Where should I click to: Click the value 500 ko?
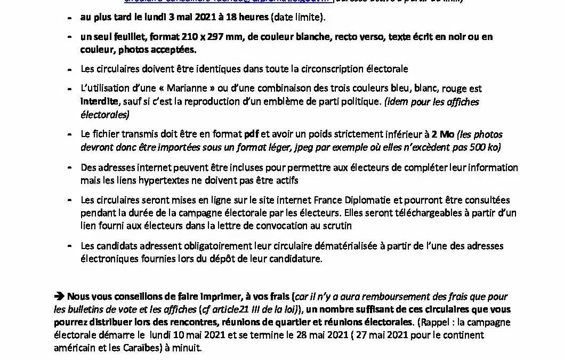click(x=482, y=148)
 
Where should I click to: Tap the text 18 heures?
click(x=249, y=18)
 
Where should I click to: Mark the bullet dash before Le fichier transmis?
click(x=70, y=135)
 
